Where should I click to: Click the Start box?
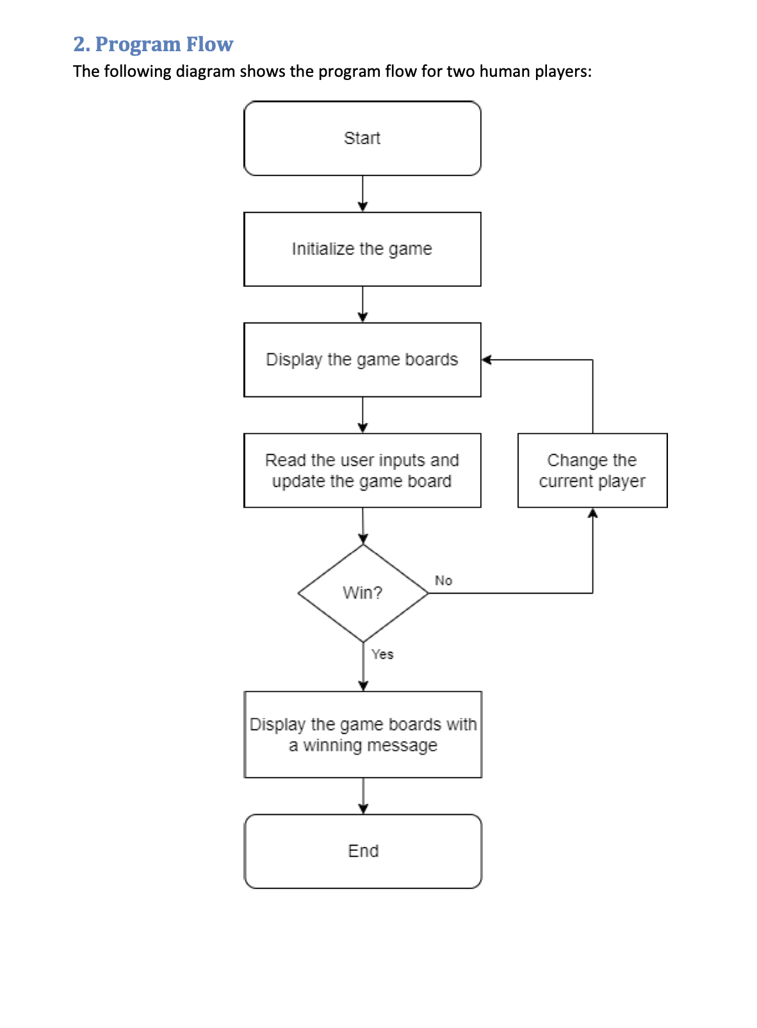point(362,138)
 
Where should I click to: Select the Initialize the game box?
point(362,249)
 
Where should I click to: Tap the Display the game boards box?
point(362,360)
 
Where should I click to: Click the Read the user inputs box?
point(362,470)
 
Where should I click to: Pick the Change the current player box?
point(592,470)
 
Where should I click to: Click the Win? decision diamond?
point(362,593)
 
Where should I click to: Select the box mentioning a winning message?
point(362,734)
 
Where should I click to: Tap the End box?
point(362,851)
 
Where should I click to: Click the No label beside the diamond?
point(443,581)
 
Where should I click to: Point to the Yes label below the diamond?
point(382,654)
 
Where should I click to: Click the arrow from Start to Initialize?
point(362,193)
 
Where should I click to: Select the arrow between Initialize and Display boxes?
point(362,304)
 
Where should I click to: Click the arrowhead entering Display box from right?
point(486,360)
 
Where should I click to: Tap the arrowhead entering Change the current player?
point(592,513)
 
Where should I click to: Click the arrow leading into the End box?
point(363,797)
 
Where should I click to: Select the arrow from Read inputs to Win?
point(363,526)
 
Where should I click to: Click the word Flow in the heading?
point(209,44)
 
